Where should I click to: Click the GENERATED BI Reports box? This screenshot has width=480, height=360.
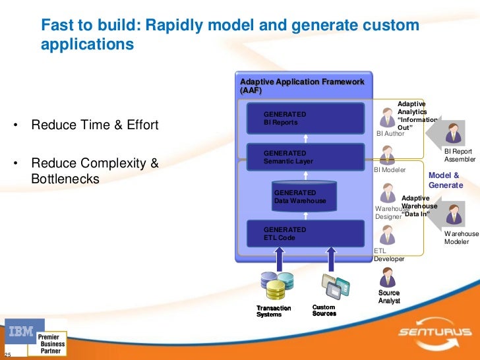pos(305,118)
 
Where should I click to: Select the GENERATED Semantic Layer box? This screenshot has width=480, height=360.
pos(305,157)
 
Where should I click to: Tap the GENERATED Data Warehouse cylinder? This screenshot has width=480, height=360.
pos(305,196)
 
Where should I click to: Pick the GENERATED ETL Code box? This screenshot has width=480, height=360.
pos(305,233)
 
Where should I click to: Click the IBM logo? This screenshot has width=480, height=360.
pos(21,334)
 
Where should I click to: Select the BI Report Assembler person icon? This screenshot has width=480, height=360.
pos(453,134)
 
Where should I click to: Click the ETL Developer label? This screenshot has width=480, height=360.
pos(388,255)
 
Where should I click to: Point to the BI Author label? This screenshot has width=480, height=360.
pos(390,133)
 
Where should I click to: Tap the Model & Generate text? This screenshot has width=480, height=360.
pos(444,180)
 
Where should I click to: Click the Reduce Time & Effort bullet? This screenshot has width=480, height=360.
pos(95,125)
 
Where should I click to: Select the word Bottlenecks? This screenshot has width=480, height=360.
pos(65,179)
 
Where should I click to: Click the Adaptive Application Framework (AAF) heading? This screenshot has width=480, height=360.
pos(302,85)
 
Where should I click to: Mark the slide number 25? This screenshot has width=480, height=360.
pos(8,355)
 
